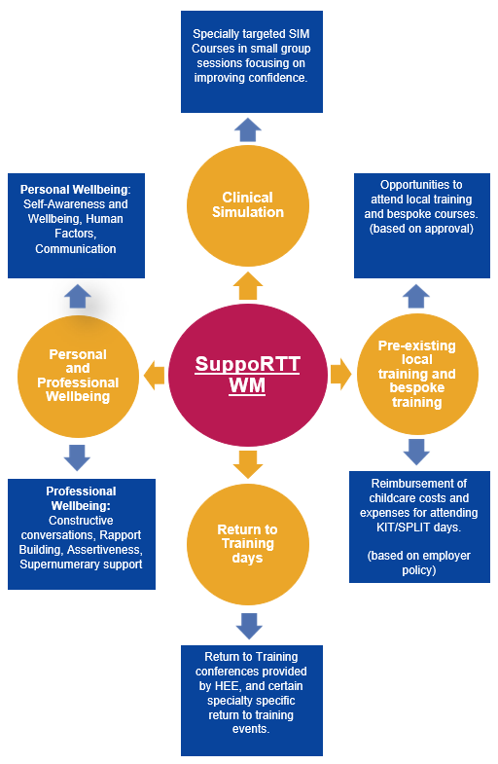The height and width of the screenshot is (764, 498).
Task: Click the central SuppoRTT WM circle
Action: pos(248,375)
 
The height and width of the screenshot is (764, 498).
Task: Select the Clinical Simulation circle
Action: pos(248,205)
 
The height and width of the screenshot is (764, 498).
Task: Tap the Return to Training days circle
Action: pos(248,544)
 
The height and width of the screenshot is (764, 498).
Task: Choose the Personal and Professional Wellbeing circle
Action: pos(78,376)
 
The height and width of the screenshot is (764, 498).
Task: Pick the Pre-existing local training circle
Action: pos(417,374)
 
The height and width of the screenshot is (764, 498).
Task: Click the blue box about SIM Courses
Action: pos(252,62)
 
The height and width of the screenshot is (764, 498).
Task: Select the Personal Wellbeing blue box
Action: pos(77,226)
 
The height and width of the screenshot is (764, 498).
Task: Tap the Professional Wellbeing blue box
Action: pos(82,534)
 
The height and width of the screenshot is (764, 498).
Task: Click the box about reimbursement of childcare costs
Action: pos(419,527)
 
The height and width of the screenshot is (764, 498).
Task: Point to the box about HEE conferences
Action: pos(252,701)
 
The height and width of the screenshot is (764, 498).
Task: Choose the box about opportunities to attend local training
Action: pos(422,226)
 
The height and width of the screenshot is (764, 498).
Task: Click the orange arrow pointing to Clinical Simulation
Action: pos(248,286)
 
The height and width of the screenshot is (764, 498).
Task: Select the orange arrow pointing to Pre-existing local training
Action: pos(340,374)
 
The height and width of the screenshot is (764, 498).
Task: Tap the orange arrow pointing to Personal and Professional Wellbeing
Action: pos(155,376)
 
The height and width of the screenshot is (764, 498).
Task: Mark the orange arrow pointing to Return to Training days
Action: pos(248,464)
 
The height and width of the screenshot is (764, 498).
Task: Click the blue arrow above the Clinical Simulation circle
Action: pos(248,129)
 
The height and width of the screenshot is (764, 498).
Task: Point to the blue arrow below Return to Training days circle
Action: pos(249,626)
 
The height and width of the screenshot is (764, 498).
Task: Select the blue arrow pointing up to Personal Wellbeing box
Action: pos(78,296)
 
